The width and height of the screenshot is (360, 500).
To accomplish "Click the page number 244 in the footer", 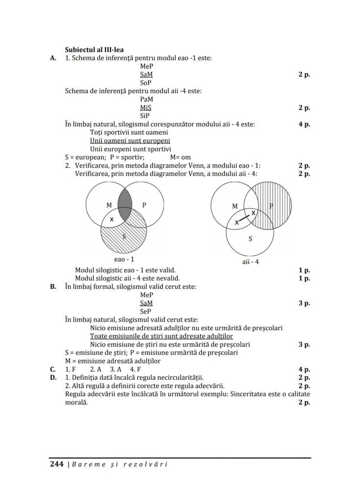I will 57,464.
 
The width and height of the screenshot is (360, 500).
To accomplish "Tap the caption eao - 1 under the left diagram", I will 125,259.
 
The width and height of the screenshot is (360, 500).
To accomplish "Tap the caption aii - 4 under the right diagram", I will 250,262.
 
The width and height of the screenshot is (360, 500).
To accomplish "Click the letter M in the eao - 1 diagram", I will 109,205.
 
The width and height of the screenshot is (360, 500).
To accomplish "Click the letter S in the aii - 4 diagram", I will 250,238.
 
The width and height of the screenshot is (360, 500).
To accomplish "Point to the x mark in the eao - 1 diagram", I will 112,219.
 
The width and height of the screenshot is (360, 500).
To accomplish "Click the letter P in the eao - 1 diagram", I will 144,205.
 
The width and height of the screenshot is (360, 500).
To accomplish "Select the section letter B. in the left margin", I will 53,287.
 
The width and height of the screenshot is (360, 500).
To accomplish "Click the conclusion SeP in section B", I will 146,311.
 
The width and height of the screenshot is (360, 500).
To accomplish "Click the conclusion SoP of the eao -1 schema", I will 146,83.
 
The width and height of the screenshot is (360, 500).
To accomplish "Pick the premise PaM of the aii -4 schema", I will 147,99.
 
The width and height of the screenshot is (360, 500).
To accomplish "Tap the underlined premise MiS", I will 146,107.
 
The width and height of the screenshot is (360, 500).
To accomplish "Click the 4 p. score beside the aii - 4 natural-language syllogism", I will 304,124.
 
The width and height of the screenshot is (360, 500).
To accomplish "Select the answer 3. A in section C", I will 115,370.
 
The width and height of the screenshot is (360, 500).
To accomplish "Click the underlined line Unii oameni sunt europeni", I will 130,141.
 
